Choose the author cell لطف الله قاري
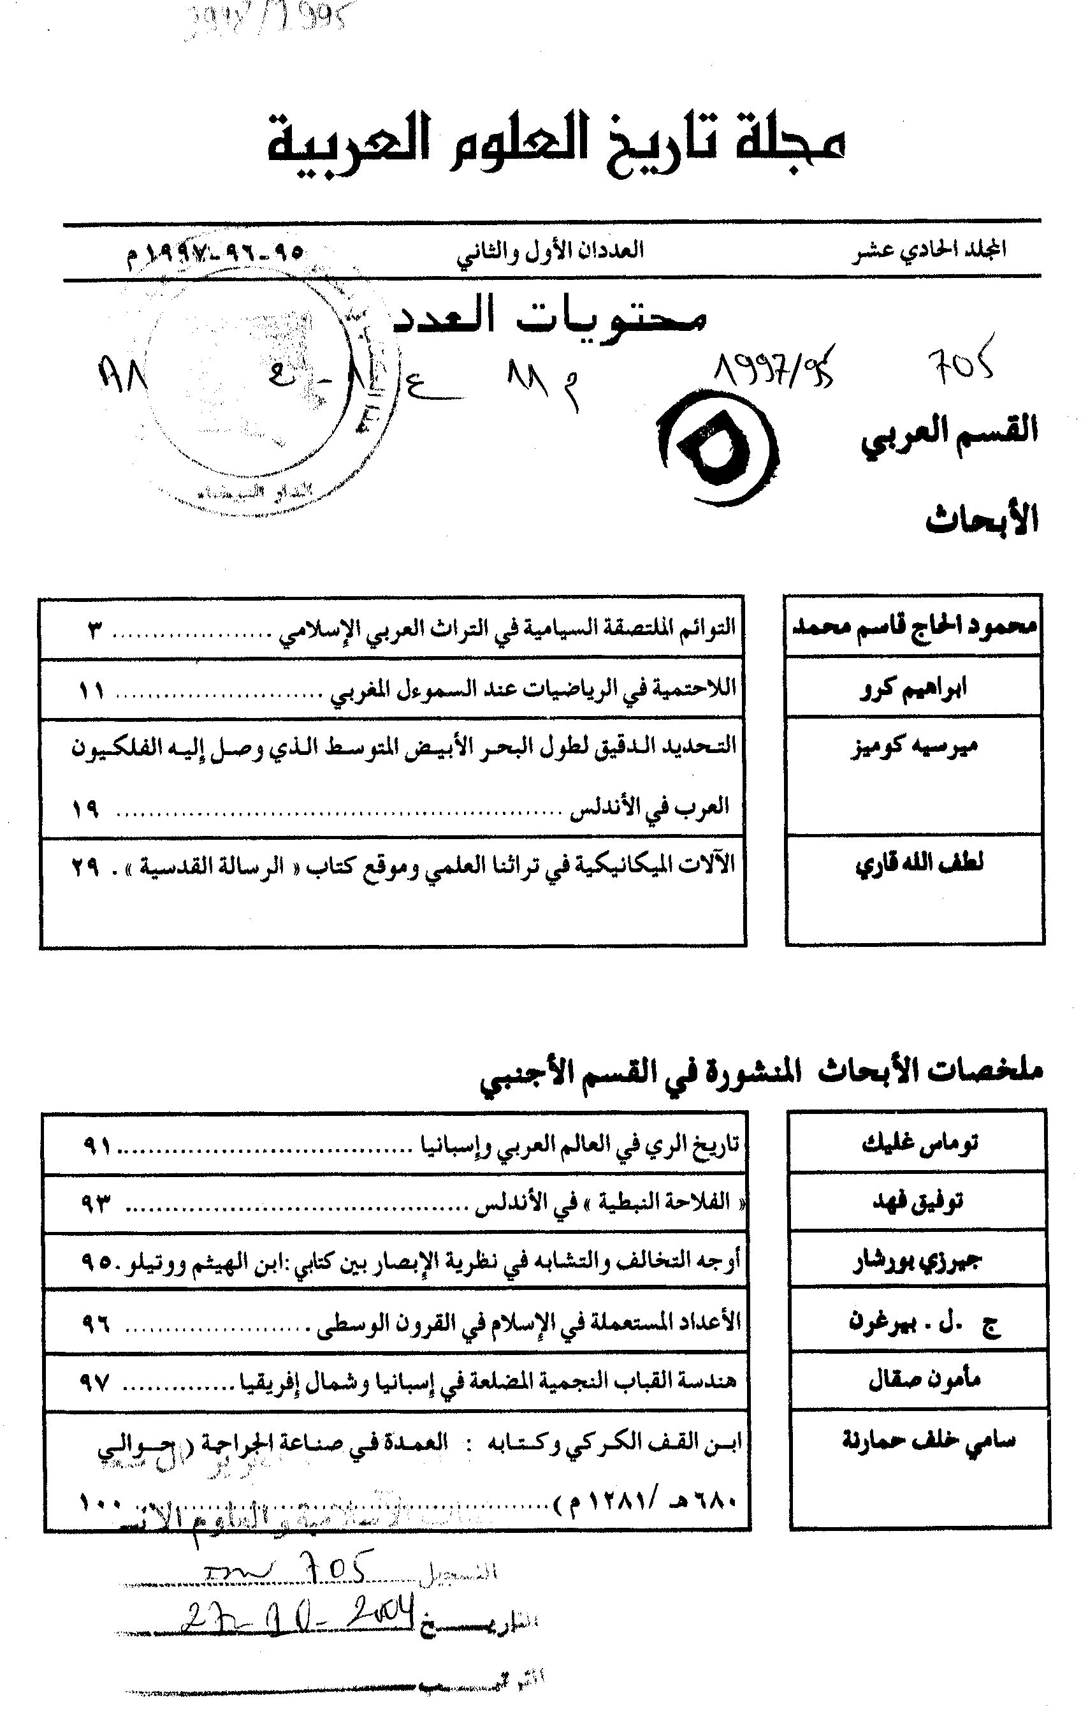[919, 863]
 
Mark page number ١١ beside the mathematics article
[90, 691]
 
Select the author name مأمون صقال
[924, 1378]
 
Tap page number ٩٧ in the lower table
[94, 1382]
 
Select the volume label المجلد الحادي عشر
[928, 249]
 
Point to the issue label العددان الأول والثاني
[550, 250]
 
